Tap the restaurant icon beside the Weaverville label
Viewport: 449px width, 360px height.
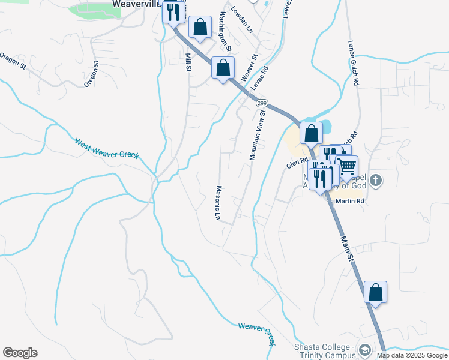(173, 11)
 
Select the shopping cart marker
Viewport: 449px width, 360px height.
(346, 166)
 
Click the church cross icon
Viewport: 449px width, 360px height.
(376, 180)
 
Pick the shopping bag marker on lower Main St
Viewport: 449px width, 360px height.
(375, 292)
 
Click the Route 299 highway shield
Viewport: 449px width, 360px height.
(261, 104)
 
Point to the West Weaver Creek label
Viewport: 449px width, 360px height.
(106, 149)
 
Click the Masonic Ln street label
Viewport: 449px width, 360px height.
(218, 202)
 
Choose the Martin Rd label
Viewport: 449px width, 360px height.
(350, 201)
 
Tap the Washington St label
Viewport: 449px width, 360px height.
(225, 31)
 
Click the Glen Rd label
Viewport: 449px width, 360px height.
(297, 162)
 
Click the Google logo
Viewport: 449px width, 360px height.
(20, 353)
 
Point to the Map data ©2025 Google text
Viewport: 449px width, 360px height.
(412, 355)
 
